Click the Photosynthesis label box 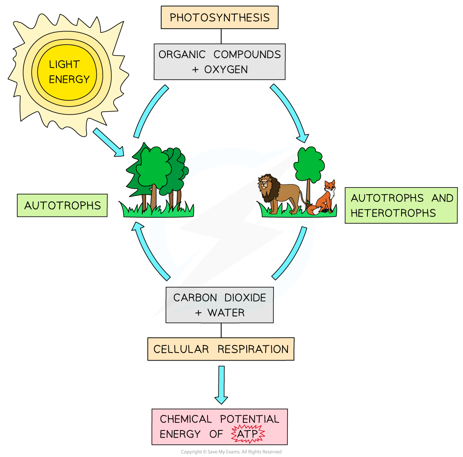click(219, 18)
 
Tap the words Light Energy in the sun click(69, 72)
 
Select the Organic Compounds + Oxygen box click(219, 61)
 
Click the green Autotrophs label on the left click(62, 206)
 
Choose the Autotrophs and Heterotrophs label click(401, 205)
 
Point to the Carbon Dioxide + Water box click(219, 305)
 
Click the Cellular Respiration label click(221, 349)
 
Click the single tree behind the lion click(309, 166)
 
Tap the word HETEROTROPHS click(393, 213)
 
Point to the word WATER click(226, 313)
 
